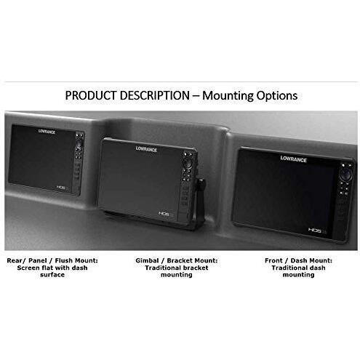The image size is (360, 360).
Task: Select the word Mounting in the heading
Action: coord(228,96)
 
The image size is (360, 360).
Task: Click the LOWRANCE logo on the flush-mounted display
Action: coord(47,132)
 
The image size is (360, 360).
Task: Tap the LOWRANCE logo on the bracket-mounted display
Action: coord(146,149)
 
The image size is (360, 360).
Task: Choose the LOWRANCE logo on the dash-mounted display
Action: coord(294,159)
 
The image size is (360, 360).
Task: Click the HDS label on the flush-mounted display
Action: coord(61,187)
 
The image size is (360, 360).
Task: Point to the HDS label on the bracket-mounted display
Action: coord(164,214)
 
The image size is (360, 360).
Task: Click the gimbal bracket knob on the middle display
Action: coord(201,183)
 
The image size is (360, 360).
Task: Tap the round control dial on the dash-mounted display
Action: coord(346,174)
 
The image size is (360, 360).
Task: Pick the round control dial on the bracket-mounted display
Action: coord(187,163)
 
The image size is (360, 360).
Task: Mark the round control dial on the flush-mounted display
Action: coord(79,143)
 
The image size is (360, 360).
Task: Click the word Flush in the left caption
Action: coord(64,260)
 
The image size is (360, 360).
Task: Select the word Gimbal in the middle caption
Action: coord(147,260)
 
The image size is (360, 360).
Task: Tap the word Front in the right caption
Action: coord(273,260)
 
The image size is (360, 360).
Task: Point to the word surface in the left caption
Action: coord(52,275)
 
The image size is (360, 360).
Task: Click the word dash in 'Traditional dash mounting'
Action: coord(317,268)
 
